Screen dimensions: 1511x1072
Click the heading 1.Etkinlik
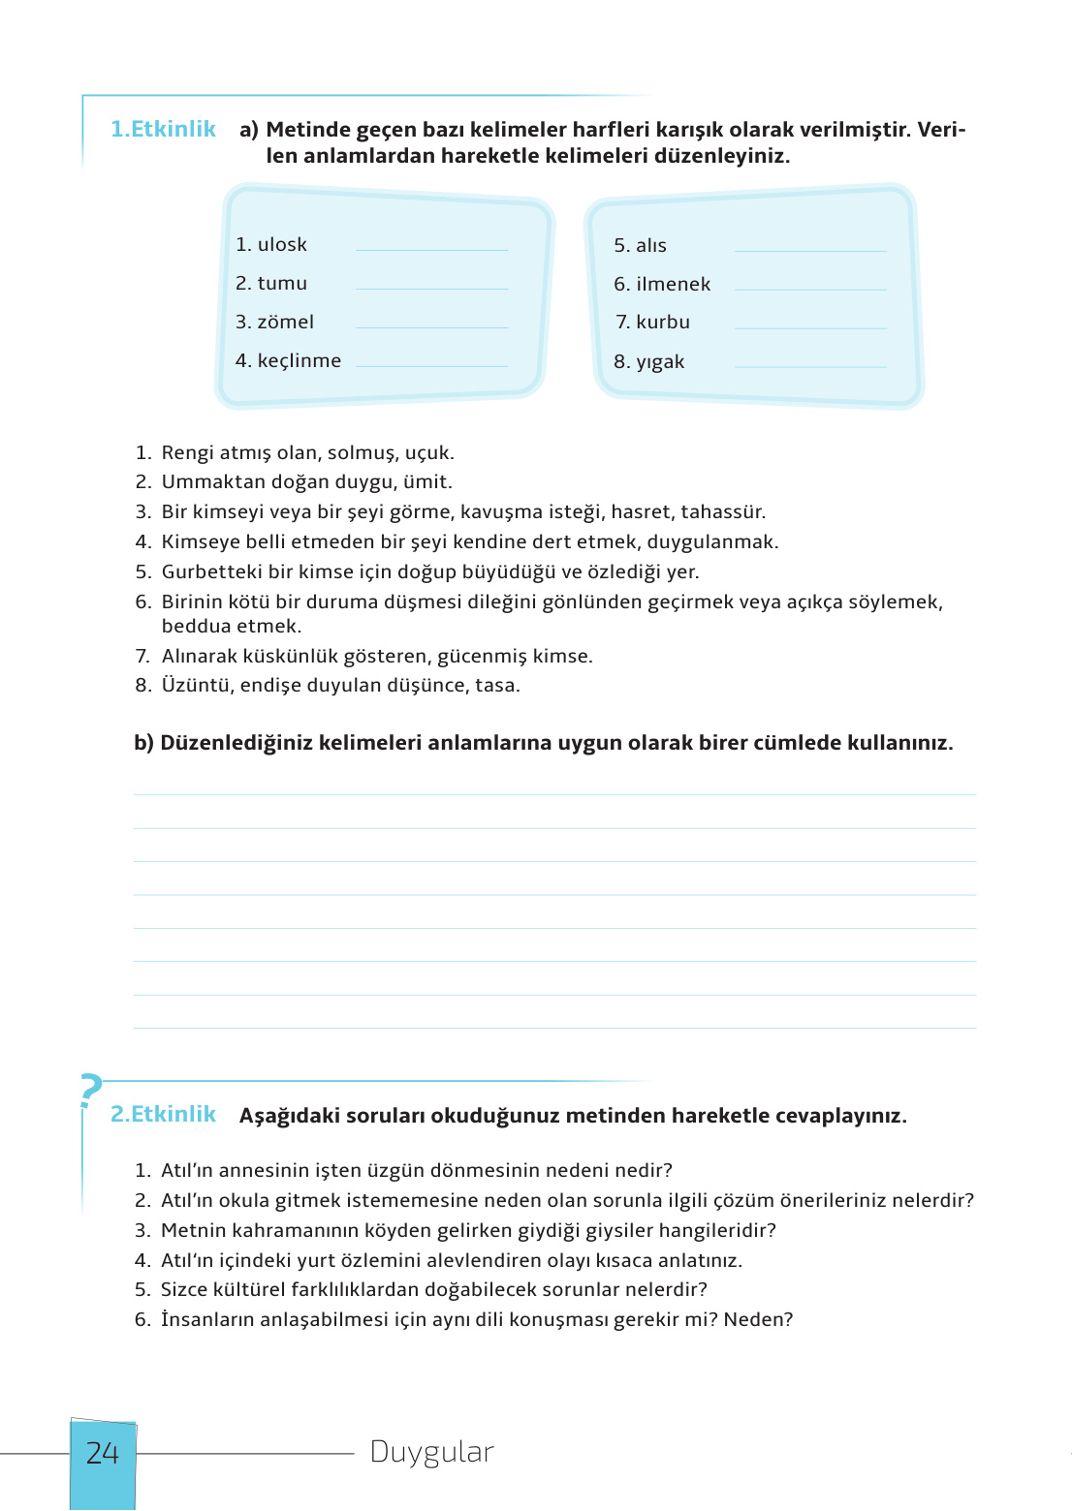pyautogui.click(x=163, y=129)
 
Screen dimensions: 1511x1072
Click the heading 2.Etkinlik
pyautogui.click(x=163, y=1114)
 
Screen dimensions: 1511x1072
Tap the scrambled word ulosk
pyautogui.click(x=282, y=245)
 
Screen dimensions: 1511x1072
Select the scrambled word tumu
pyautogui.click(x=282, y=284)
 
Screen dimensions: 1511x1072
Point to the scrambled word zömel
pyautogui.click(x=286, y=323)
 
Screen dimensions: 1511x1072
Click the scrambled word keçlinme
pyautogui.click(x=300, y=361)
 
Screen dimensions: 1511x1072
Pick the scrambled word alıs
pyautogui.click(x=650, y=246)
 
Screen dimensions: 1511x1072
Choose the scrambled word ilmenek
pyautogui.click(x=673, y=285)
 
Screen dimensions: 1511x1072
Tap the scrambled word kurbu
pyautogui.click(x=663, y=323)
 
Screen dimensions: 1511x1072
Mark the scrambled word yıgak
pyautogui.click(x=660, y=362)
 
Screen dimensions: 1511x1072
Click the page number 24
pyautogui.click(x=103, y=1453)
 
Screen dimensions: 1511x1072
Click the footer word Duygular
pyautogui.click(x=432, y=1452)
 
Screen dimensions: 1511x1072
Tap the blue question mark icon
pyautogui.click(x=90, y=1091)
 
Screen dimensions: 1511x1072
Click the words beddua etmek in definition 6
pyautogui.click(x=232, y=627)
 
